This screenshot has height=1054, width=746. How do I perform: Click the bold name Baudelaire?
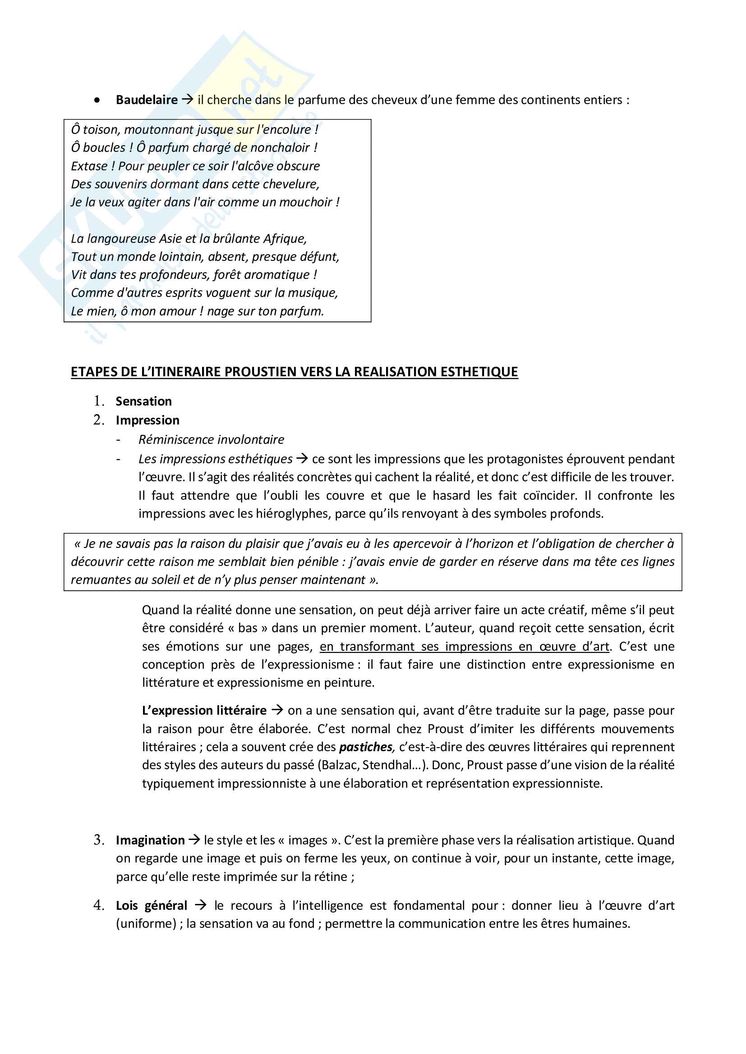pyautogui.click(x=147, y=100)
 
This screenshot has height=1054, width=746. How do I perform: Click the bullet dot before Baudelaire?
pyautogui.click(x=97, y=100)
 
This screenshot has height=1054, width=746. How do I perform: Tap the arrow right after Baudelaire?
pyautogui.click(x=188, y=99)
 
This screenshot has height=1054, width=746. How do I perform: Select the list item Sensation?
pyautogui.click(x=143, y=401)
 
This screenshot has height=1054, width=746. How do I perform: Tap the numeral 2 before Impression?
pyautogui.click(x=98, y=420)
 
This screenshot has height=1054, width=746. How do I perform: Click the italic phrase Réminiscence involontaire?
pyautogui.click(x=211, y=440)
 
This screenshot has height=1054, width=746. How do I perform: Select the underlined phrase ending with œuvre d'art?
pyautogui.click(x=464, y=646)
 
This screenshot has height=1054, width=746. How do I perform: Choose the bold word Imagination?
pyautogui.click(x=150, y=840)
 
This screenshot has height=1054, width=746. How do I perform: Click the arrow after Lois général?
pyautogui.click(x=200, y=905)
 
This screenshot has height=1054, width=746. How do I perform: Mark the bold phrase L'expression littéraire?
pyautogui.click(x=204, y=711)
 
